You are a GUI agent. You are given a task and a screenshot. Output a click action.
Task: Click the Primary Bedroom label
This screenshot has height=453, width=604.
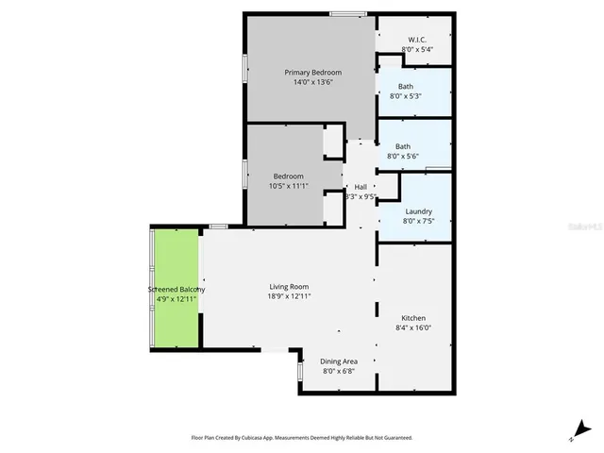(312, 72)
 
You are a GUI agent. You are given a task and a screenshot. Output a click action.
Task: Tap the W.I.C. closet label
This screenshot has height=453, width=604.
(415, 39)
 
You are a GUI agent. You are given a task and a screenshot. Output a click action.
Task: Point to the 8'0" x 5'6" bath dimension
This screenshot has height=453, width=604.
(403, 157)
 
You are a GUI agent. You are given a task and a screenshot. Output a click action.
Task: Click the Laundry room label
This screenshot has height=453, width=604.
(417, 211)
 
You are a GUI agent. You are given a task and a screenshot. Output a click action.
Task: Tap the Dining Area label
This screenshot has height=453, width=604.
(338, 361)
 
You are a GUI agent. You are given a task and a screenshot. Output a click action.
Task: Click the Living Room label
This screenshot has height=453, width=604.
(289, 287)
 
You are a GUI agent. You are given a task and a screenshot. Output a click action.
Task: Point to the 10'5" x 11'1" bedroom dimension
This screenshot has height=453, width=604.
(289, 186)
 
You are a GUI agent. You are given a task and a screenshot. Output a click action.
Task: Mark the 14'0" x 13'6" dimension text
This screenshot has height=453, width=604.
(312, 82)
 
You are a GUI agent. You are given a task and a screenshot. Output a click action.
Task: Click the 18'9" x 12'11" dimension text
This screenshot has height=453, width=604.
(289, 296)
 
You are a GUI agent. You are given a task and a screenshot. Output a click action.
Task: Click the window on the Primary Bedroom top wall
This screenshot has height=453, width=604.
(348, 13)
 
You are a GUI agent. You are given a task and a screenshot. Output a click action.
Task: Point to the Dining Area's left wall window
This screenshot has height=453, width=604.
(300, 372)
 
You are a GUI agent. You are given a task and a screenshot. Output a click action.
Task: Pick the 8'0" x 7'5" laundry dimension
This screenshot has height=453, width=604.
(417, 222)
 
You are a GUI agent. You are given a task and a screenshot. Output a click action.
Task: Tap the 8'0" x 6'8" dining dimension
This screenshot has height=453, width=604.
(338, 371)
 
